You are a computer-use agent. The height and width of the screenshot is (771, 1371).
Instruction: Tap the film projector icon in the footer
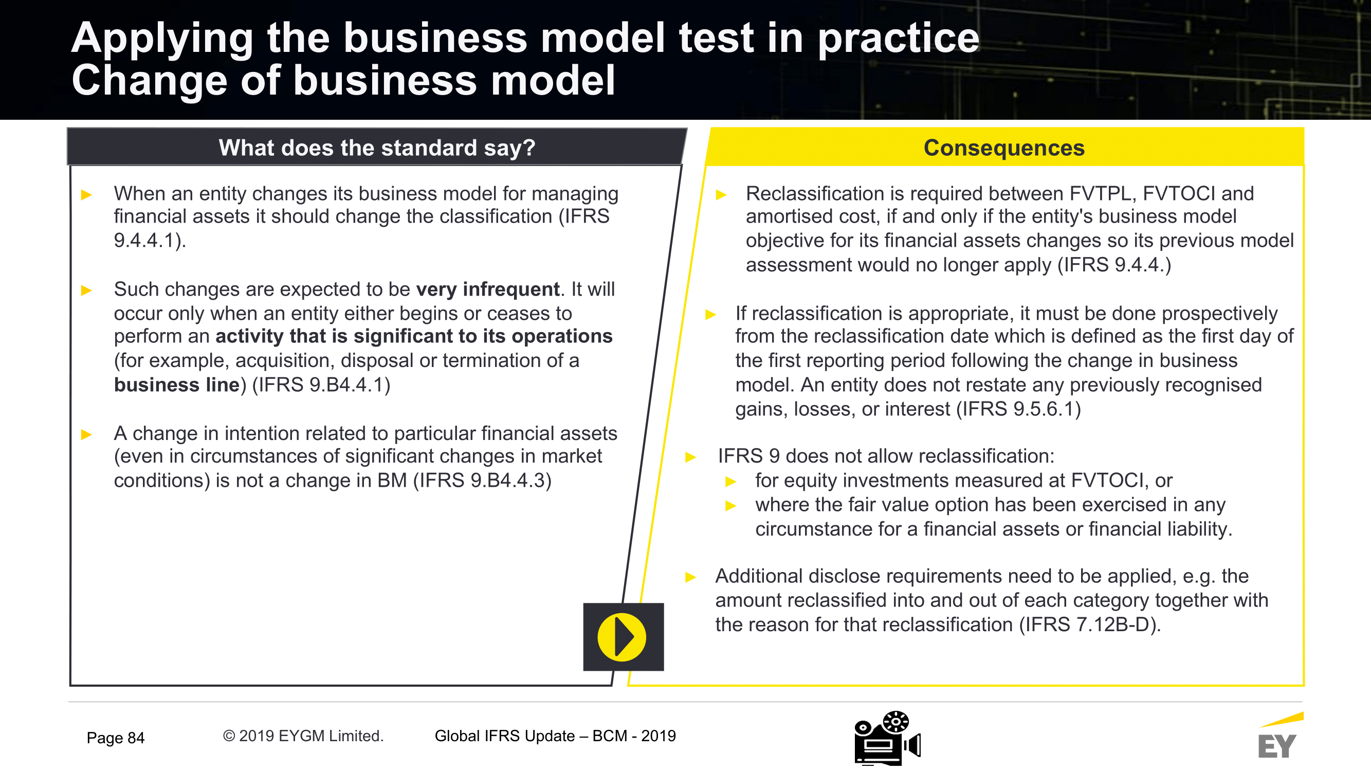pos(887,738)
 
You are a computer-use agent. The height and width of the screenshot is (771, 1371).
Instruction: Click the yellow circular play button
pos(621,637)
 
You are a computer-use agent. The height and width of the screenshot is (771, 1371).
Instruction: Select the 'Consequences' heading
pos(1004,148)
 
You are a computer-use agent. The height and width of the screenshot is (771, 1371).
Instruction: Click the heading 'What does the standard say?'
pos(377,148)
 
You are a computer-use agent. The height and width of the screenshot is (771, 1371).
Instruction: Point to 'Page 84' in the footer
pos(116,738)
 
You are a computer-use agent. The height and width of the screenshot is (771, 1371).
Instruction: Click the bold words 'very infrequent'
pos(488,289)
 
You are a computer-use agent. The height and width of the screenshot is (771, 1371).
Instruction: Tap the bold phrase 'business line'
pos(177,384)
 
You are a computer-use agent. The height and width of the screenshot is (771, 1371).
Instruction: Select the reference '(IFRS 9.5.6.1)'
pos(1019,409)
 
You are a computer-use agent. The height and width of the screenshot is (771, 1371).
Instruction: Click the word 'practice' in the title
pos(899,39)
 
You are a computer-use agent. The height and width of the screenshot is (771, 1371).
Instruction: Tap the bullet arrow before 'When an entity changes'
pos(87,195)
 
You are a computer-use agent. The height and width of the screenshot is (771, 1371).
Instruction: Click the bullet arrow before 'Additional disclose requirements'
pos(690,577)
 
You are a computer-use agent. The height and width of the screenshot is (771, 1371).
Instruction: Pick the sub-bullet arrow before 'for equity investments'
pos(731,482)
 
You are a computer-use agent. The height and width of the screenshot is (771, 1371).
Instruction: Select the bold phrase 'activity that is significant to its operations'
pos(414,336)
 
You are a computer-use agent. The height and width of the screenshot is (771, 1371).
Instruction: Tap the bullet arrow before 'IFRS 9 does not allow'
pos(690,457)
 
